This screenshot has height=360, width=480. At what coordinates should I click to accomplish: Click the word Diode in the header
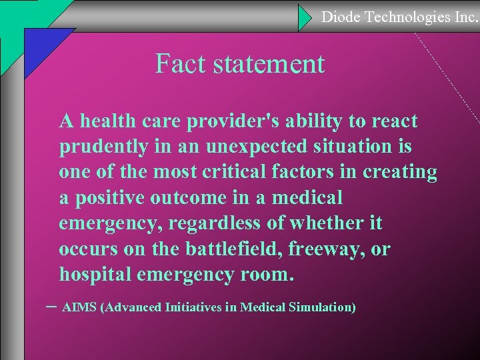pyautogui.click(x=341, y=17)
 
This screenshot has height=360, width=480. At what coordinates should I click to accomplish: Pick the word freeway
pyautogui.click(x=333, y=249)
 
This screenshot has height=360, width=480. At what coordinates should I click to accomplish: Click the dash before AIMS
pyautogui.click(x=52, y=306)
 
